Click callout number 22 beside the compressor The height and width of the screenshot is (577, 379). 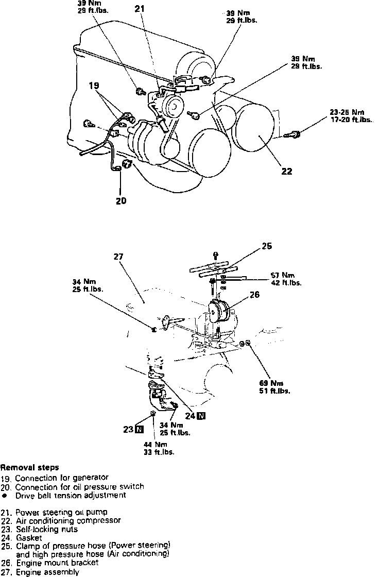coord(286,172)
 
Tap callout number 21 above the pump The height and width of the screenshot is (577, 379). coord(141,9)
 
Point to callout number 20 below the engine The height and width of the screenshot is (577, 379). coord(121,201)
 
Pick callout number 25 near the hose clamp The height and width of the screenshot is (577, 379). coord(266,246)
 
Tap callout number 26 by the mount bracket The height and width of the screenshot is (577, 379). coord(254,295)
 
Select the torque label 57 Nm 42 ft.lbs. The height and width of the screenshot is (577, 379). coord(286,278)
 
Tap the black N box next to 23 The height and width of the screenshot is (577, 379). coord(140,428)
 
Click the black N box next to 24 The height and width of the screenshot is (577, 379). coord(201,416)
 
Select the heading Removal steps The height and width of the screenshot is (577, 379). coord(29,468)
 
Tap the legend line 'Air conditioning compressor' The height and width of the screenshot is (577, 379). coord(68,520)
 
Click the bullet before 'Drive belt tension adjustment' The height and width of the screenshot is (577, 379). coord(4,495)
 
